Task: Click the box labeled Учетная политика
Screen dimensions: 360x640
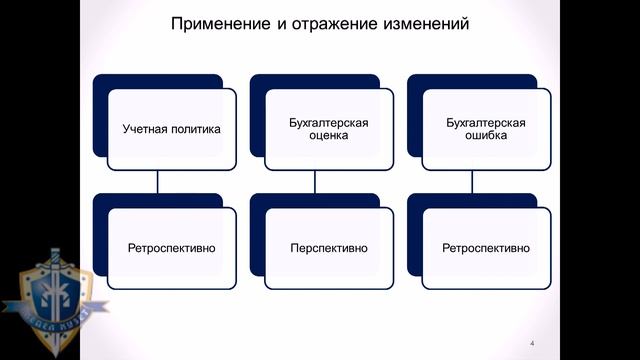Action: coord(172,129)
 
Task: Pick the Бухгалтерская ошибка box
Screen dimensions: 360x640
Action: coord(486,129)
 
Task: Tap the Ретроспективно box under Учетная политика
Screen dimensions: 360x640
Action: coord(172,247)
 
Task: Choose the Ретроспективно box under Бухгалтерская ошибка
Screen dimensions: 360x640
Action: coord(486,247)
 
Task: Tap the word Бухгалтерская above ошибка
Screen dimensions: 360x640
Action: coord(486,123)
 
